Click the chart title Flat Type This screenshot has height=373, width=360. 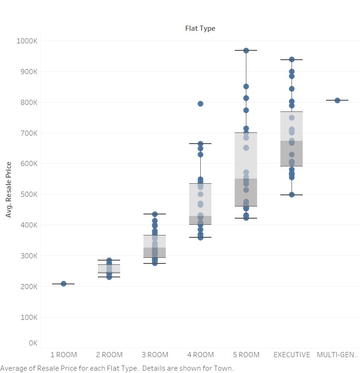pyautogui.click(x=200, y=28)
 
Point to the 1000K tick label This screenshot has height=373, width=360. pyautogui.click(x=27, y=41)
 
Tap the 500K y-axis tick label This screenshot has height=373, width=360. pyautogui.click(x=29, y=194)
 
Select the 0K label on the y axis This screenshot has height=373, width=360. pyautogui.click(x=33, y=343)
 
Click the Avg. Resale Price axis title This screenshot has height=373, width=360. pyautogui.click(x=8, y=189)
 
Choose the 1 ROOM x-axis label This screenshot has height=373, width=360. pyautogui.click(x=63, y=355)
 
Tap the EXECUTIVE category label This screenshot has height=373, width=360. pyautogui.click(x=292, y=355)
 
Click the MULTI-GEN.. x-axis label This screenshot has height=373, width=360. pyautogui.click(x=337, y=355)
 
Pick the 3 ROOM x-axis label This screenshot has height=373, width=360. pyautogui.click(x=155, y=355)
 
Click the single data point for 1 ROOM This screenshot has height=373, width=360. pyautogui.click(x=63, y=283)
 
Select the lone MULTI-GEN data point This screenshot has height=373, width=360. pyautogui.click(x=337, y=100)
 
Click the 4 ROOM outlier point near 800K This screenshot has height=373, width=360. pyautogui.click(x=200, y=104)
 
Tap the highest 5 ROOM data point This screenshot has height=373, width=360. pyautogui.click(x=246, y=50)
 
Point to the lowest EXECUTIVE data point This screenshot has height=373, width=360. pyautogui.click(x=292, y=194)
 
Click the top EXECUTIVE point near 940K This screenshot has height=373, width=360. pyautogui.click(x=292, y=60)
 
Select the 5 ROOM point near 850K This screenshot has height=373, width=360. pyautogui.click(x=246, y=87)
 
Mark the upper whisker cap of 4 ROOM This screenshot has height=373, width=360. pyautogui.click(x=200, y=144)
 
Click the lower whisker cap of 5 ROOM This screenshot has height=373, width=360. pyautogui.click(x=246, y=218)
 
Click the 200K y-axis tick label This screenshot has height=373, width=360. pyautogui.click(x=29, y=286)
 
